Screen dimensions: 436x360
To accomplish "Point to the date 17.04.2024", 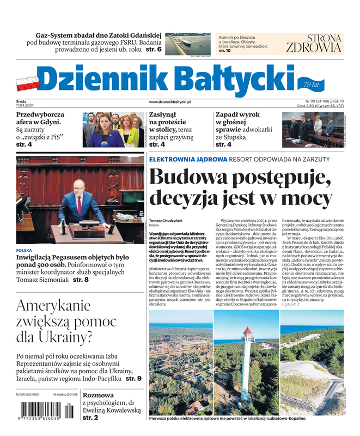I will tap(25, 106).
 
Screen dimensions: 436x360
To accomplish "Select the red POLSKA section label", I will tap(24, 251).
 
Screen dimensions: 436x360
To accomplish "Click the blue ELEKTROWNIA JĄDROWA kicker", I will tap(188, 159).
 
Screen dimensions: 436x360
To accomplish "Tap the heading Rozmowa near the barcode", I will tap(98, 395).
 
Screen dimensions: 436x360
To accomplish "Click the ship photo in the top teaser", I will tap(188, 43).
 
